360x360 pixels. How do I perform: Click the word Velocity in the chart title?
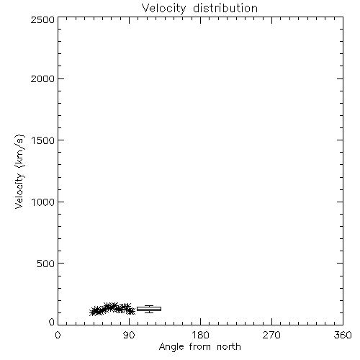[x=163, y=9]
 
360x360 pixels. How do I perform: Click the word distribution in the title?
[x=225, y=8]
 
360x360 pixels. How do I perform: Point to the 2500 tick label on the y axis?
[x=42, y=19]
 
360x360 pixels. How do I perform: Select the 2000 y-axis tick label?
[x=42, y=78]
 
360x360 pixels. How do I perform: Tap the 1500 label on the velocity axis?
[x=43, y=140]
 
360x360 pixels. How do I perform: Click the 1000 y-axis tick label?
[x=43, y=202]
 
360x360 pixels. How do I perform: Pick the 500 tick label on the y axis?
[x=46, y=264]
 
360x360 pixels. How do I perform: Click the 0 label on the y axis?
[x=52, y=322]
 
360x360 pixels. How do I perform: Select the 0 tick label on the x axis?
[x=58, y=335]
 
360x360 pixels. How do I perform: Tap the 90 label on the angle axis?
[x=129, y=335]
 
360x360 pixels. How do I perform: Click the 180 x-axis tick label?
[x=200, y=335]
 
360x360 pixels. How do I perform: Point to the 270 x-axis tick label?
[x=271, y=335]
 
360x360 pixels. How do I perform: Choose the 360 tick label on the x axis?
[x=343, y=335]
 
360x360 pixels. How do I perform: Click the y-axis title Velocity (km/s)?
[x=19, y=171]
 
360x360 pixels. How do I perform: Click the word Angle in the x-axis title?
[x=171, y=347]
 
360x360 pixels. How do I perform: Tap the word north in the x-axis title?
[x=229, y=347]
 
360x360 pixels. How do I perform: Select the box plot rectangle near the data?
[x=149, y=309]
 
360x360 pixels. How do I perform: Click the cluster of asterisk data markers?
[x=112, y=309]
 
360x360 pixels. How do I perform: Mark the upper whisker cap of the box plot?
[x=149, y=305]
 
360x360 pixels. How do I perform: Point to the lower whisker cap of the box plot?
[x=149, y=312]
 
